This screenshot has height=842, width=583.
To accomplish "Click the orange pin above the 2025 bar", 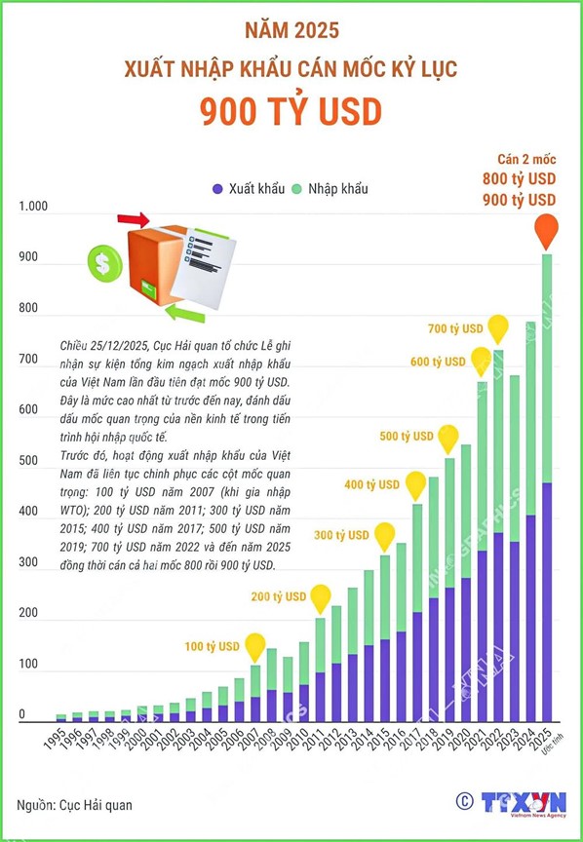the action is coord(547,230).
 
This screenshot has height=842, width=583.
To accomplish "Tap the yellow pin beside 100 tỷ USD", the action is coord(255,646).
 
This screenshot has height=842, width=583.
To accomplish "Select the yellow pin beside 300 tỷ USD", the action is coord(385,535).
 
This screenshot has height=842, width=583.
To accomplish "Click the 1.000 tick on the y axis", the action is coord(33,207).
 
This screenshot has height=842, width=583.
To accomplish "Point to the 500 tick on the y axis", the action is coord(28,460).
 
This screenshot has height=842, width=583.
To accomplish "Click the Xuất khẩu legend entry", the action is coord(249,188).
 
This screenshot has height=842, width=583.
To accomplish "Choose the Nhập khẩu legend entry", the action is coord(330,188).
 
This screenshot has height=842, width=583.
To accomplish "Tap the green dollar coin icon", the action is coord(104,263).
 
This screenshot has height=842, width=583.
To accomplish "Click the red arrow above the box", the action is coord(134,219).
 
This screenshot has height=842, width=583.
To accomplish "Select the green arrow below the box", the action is coord(185,314).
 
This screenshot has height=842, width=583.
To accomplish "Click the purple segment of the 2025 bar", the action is coord(547,602).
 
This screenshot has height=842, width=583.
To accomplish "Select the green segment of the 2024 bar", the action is coord(530,418).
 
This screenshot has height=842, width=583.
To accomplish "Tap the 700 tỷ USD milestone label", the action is coord(455,328).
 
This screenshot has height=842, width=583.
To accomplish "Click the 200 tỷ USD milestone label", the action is coord(278,596).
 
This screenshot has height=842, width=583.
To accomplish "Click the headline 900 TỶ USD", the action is coord(291,111).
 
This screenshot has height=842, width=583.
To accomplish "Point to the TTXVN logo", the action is coord(524,803).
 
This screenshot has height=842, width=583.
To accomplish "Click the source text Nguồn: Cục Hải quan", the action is coord(75,805).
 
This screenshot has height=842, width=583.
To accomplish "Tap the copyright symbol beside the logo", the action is coord(465,801).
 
